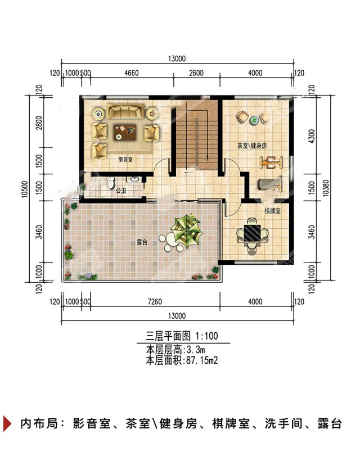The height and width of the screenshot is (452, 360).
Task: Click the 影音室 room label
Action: click(126, 159)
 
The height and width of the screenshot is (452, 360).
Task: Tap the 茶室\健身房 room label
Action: click(252, 146)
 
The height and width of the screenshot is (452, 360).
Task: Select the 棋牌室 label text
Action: click(272, 211)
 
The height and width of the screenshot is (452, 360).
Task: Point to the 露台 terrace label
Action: click(142, 242)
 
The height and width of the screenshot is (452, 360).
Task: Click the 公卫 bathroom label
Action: click(121, 191)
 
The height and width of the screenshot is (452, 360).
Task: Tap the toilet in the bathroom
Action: click(110, 183)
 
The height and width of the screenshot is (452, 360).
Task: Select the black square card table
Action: click(252, 233)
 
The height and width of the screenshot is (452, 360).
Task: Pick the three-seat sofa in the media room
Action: click(125, 111)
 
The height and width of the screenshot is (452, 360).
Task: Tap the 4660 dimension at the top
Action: click(132, 73)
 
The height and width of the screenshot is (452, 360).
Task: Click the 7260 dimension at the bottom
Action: click(155, 302)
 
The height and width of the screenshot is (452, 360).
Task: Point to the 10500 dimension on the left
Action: click(25, 189)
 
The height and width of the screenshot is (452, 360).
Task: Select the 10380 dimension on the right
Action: click(326, 188)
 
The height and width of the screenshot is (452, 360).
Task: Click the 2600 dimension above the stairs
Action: click(196, 73)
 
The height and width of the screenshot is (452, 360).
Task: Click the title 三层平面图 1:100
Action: click(182, 336)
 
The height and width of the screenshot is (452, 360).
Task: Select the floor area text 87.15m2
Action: click(202, 360)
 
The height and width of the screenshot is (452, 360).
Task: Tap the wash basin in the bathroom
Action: click(134, 179)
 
